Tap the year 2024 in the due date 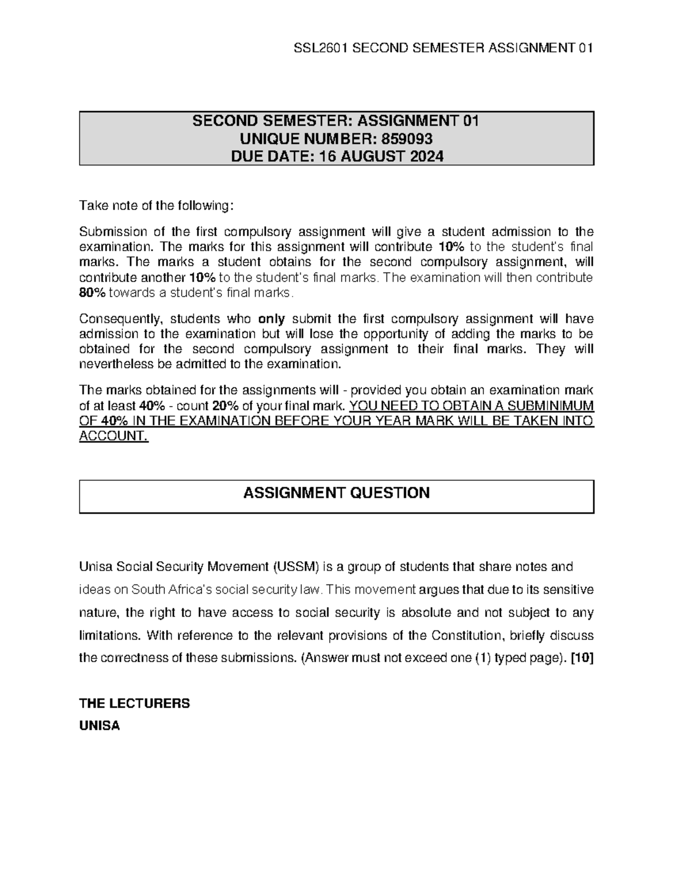click(x=426, y=156)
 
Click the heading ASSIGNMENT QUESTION click(x=336, y=493)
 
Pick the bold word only click(x=271, y=319)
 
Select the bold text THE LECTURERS click(x=135, y=703)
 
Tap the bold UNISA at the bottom click(x=100, y=726)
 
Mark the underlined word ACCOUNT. click(x=114, y=436)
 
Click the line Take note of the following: click(x=155, y=206)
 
